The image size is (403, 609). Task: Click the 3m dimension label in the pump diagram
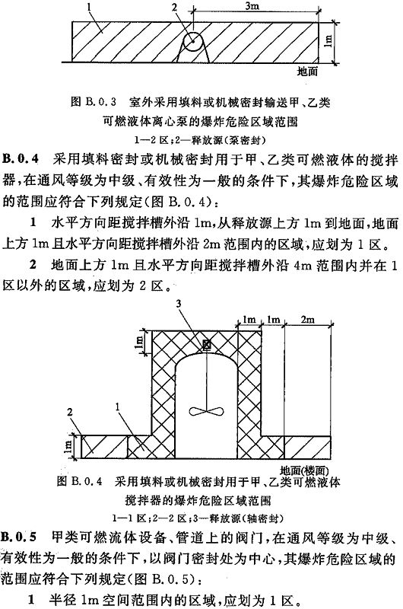tap(252, 7)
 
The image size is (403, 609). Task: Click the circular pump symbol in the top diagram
tap(193, 41)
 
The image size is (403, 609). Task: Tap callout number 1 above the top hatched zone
tap(89, 7)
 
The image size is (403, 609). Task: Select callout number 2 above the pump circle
tap(175, 7)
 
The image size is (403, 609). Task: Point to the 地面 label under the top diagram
tap(307, 71)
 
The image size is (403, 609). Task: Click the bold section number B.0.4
tap(21, 160)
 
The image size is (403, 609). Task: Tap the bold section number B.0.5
tap(20, 537)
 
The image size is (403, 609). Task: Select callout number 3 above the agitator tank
tap(179, 304)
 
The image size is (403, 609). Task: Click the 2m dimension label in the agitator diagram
tap(307, 319)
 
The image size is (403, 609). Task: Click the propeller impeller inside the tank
tap(206, 411)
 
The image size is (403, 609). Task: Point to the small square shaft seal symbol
tap(206, 345)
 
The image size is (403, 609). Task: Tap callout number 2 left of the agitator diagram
tap(70, 412)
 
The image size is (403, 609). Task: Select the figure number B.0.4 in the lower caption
tap(87, 482)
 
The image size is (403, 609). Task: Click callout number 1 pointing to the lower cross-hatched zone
tap(118, 407)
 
